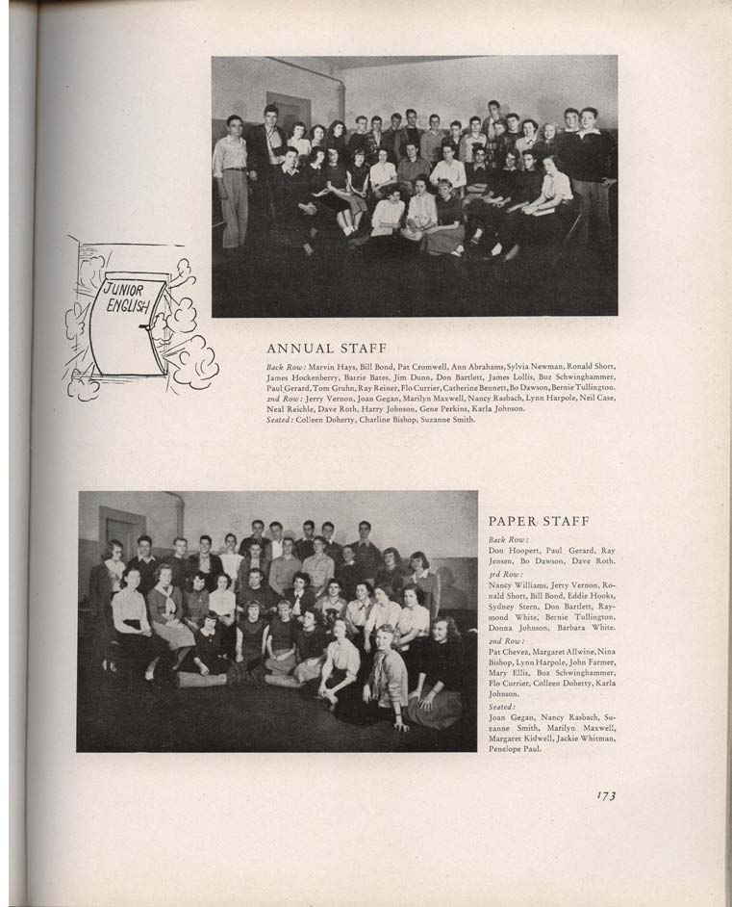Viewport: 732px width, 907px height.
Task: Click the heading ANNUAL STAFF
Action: click(326, 349)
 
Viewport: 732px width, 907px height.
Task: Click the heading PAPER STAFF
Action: click(538, 521)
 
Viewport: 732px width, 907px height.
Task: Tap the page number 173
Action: click(605, 795)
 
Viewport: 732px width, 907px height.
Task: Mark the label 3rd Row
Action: click(504, 574)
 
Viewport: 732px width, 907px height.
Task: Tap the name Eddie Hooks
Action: click(592, 597)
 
